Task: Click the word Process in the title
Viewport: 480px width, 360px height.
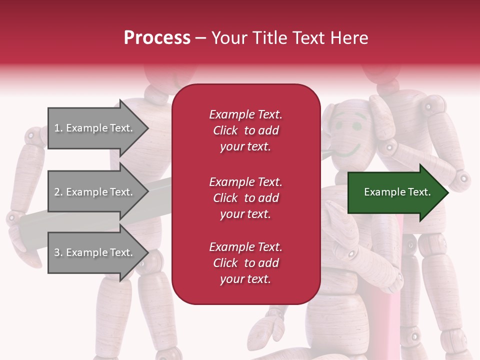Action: pos(157,38)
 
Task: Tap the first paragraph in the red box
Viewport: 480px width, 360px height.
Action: pos(245,130)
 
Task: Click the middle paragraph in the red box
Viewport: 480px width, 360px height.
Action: pos(245,198)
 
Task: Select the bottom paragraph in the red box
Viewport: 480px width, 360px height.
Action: pos(245,263)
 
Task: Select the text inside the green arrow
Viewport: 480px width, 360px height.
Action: pos(397,192)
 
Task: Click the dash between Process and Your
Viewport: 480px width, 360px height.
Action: pos(201,38)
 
